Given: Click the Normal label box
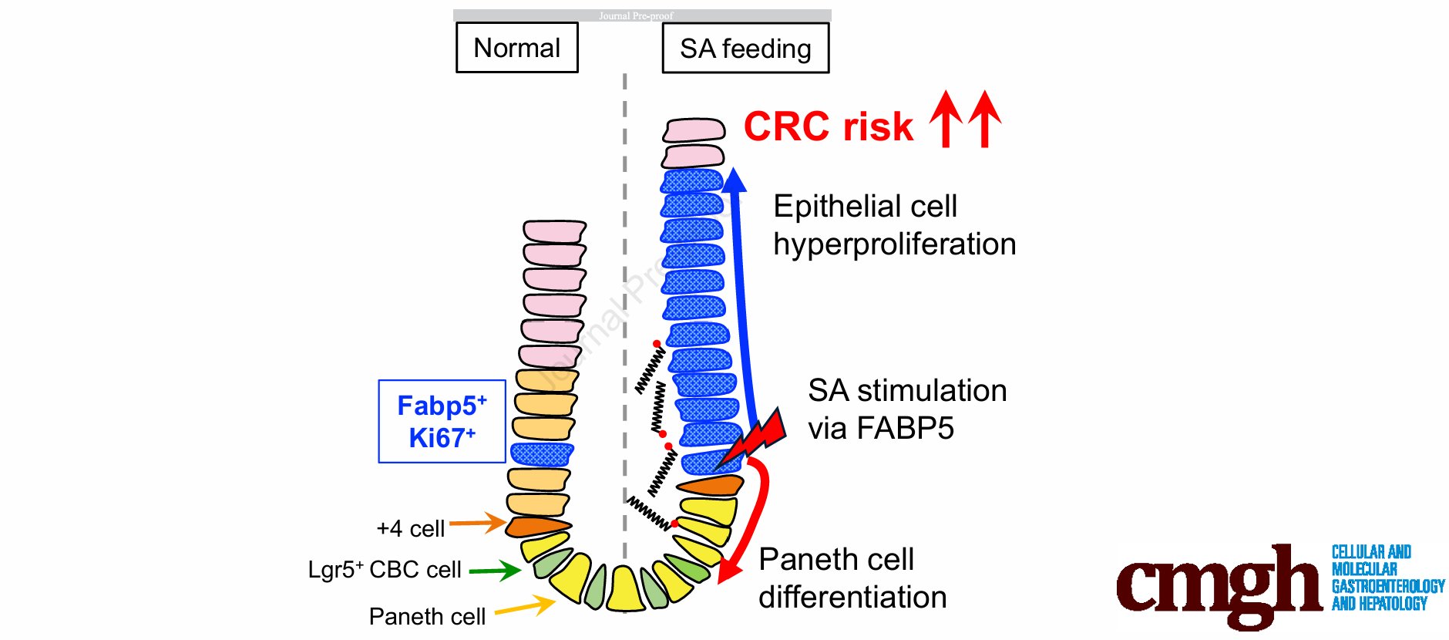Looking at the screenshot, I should point(516,48).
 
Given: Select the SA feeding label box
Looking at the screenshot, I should point(745,49).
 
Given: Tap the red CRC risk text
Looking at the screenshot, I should point(829,126).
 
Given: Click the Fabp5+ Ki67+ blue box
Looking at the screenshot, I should point(442,421).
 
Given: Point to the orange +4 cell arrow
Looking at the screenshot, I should point(478,523).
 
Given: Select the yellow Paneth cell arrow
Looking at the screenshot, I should point(524,608).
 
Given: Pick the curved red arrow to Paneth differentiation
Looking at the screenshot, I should point(755,517).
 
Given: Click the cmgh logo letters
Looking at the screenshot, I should point(1218,586).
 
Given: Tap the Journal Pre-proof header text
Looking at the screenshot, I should point(636,15).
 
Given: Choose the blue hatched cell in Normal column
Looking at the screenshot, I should point(542,454).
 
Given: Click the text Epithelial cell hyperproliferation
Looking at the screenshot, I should point(894,225).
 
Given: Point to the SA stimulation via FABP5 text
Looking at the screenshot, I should point(906,409).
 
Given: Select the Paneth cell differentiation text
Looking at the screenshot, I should point(852,578).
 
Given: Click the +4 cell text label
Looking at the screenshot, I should point(410,529).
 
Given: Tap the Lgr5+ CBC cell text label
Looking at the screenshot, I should point(385,570).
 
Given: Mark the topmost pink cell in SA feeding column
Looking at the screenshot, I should point(694,130).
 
